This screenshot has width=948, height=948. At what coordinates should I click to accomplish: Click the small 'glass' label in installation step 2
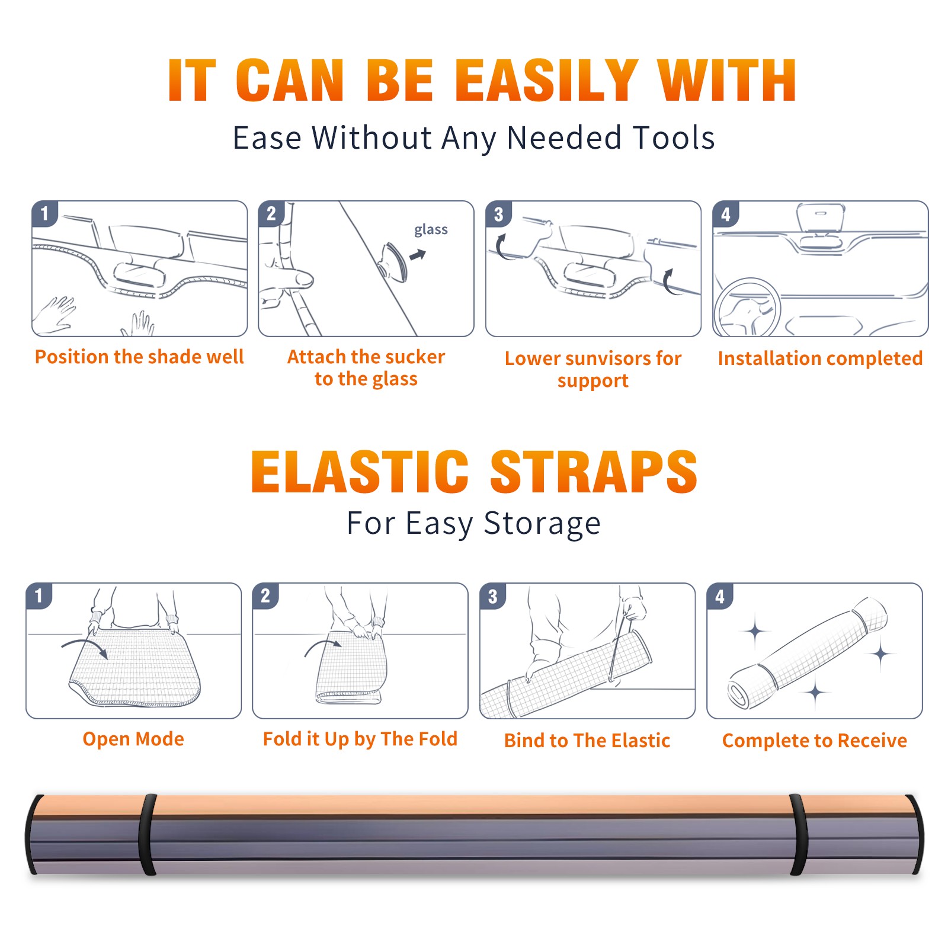tap(431, 230)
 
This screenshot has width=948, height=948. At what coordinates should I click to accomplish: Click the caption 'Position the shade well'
tap(139, 357)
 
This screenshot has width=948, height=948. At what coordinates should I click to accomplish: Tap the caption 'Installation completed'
tap(820, 358)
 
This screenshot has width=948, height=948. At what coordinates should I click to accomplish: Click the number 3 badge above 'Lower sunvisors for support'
tap(498, 214)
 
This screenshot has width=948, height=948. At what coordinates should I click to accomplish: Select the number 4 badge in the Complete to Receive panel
tap(720, 596)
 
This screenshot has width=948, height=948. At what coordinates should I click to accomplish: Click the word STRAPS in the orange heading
tap(594, 472)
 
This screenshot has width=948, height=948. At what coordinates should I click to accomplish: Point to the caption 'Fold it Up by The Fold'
tap(360, 739)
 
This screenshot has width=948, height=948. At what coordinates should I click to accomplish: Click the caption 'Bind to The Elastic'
tap(587, 741)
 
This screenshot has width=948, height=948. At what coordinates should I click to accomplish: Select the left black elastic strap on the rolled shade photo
tap(148, 834)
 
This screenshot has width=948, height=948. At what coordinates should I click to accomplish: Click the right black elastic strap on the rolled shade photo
tap(799, 834)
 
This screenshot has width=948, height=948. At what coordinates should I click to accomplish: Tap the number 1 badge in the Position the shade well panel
tap(44, 214)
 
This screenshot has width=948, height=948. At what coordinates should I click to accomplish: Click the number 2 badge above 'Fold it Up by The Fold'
tap(265, 596)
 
